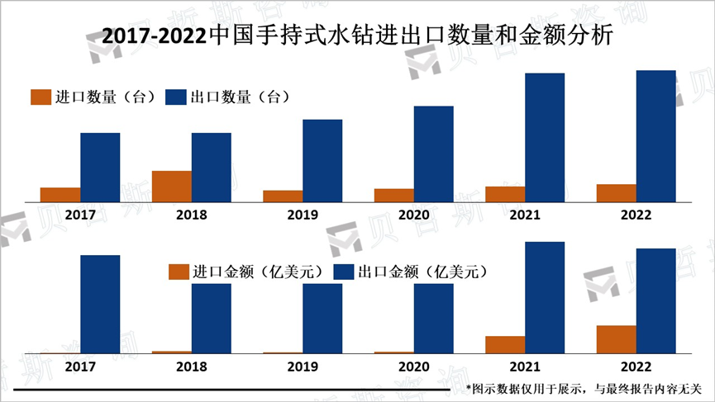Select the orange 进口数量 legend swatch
[x=41, y=97]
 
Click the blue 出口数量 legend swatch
[x=176, y=97]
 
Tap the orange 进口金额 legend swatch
[x=178, y=272]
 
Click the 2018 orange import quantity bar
[x=172, y=187]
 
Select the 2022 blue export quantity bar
[x=655, y=136]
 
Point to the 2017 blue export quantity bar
[x=100, y=168]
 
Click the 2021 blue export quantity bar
[x=545, y=138]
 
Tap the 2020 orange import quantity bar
[x=394, y=195]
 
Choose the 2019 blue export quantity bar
[x=322, y=161]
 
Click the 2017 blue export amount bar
[x=100, y=304]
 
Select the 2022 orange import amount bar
[x=616, y=339]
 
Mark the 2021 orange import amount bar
[x=505, y=345]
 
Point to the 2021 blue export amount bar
[x=545, y=297]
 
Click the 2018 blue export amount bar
[x=212, y=319]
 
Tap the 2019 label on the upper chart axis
[x=303, y=215]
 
